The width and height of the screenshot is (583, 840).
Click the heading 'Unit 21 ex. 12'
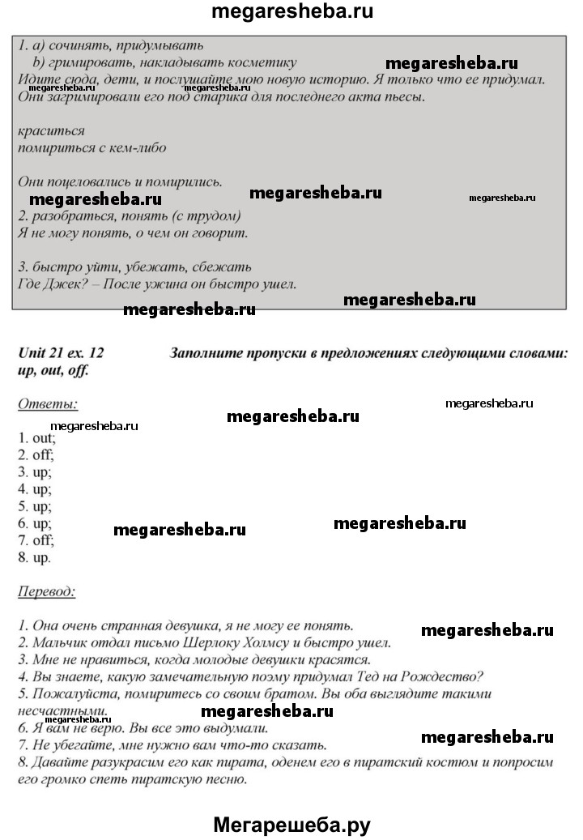(x=62, y=352)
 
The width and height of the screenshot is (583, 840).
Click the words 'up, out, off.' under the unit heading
(x=53, y=370)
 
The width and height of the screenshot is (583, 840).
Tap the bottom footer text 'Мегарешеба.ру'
(x=291, y=825)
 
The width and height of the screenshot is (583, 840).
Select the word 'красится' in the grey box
(x=50, y=130)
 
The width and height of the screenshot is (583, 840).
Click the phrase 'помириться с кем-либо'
(x=91, y=147)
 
